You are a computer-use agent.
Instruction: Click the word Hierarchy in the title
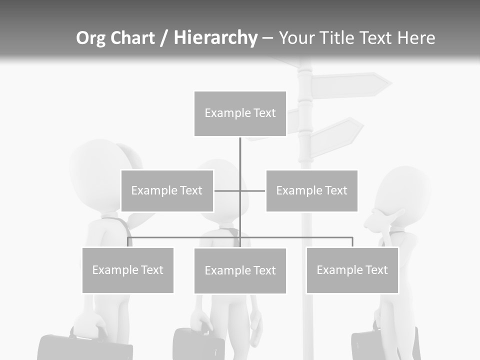(215, 38)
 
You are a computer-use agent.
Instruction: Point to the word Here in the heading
(416, 38)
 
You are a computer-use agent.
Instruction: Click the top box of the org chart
(240, 113)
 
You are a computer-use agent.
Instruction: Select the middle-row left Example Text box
(167, 190)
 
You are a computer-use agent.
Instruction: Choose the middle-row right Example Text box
(311, 190)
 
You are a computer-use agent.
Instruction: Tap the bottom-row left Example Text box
(127, 270)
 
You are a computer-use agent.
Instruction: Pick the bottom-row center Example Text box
(240, 270)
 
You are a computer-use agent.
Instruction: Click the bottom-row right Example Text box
(352, 270)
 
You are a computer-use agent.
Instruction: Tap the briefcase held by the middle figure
(198, 345)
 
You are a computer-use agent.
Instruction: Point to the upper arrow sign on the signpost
(350, 85)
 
